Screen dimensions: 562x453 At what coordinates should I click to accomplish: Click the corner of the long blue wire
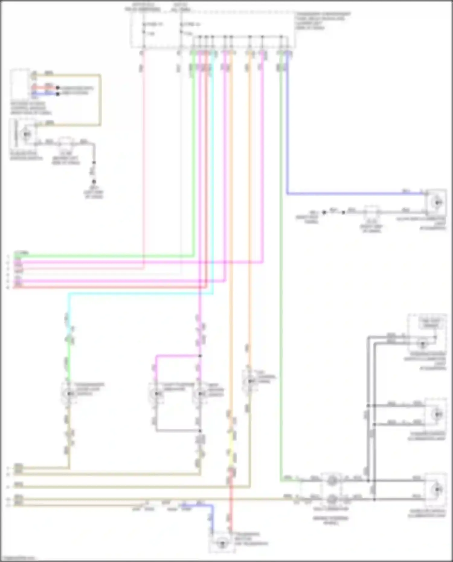[x=287, y=193]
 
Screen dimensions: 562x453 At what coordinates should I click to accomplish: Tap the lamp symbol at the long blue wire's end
[x=438, y=203]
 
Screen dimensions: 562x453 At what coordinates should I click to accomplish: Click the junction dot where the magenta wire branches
[x=200, y=356]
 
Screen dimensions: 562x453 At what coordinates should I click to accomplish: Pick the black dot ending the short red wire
[x=58, y=88]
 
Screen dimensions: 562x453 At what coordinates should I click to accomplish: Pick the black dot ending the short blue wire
[x=58, y=94]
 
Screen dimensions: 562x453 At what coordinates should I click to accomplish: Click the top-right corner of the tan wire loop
[x=100, y=75]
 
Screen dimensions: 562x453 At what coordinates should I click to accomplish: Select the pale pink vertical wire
[x=143, y=157]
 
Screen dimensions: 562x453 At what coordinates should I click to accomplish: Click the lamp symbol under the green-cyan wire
[x=69, y=393]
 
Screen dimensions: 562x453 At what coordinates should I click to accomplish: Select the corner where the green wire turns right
[x=281, y=481]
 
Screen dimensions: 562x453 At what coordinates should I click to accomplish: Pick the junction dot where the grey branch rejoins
[x=200, y=431]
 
